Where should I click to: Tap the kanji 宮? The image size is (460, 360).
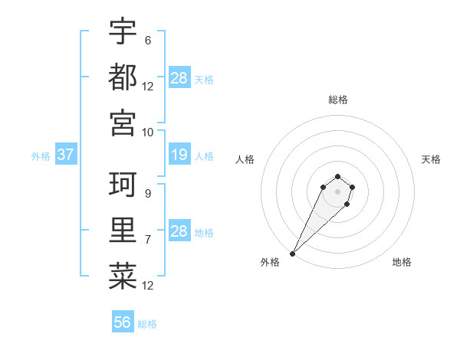pos(123,123)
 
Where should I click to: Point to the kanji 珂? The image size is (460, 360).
pos(123,185)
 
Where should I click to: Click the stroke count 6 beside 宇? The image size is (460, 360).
pos(147,40)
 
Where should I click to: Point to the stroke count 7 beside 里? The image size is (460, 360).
pos(147,240)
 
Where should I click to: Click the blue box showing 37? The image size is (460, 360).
pos(65,155)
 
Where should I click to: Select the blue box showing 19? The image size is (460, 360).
pos(179,155)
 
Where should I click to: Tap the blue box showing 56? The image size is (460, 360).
pos(122,322)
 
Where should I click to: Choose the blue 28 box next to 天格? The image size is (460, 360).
pos(179,77)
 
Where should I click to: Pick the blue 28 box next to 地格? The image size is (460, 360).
pos(179,231)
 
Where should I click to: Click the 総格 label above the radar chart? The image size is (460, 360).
pos(337,100)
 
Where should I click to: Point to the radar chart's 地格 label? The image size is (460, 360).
pos(402,262)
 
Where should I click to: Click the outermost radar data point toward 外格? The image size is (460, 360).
pos(293,253)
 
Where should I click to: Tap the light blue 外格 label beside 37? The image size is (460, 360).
pos(41,155)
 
